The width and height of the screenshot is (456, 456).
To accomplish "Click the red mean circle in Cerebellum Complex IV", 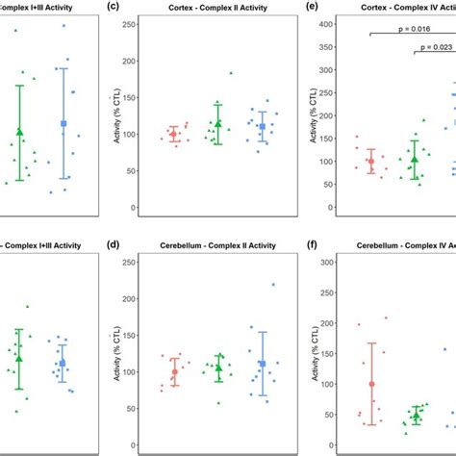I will click(371, 384).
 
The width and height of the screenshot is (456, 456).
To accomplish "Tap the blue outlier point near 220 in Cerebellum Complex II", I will click(273, 285).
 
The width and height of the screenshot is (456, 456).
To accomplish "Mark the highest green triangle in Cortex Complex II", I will click(231, 73).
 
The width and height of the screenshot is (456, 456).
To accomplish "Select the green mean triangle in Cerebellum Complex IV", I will click(417, 416).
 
